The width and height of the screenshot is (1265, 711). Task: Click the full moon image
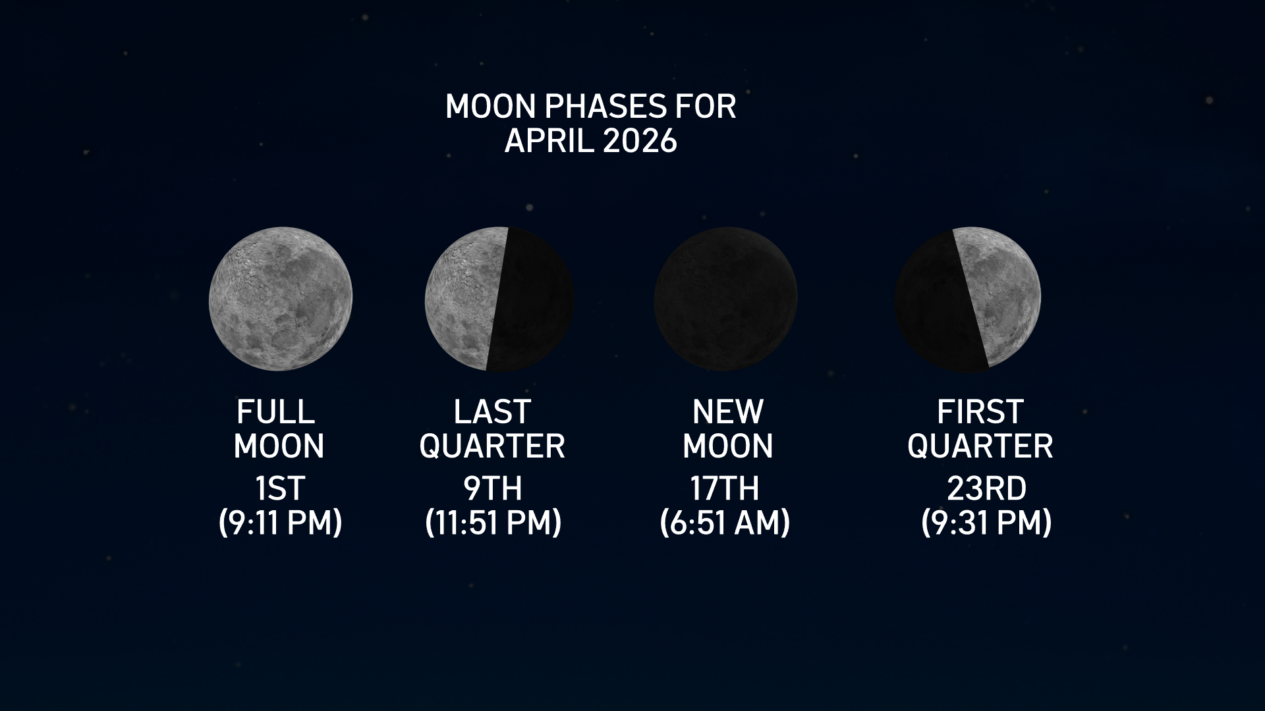click(281, 299)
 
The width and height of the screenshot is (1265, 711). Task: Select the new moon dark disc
click(725, 299)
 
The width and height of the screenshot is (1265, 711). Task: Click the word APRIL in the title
click(551, 140)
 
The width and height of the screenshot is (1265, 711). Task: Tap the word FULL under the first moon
click(275, 412)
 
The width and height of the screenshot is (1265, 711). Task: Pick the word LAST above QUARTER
click(492, 412)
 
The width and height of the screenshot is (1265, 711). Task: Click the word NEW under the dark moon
click(727, 412)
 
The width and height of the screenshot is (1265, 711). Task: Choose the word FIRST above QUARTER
click(980, 412)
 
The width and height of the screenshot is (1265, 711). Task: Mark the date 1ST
click(280, 488)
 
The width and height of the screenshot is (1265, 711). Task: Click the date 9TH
click(493, 488)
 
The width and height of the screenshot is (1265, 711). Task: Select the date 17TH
click(724, 488)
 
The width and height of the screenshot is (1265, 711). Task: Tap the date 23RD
click(986, 488)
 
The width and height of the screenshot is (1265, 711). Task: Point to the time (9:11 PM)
click(280, 523)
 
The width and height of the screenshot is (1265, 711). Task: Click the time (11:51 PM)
click(493, 523)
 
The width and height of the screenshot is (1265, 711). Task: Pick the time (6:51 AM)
click(724, 523)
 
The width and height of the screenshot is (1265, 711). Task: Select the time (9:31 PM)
click(986, 523)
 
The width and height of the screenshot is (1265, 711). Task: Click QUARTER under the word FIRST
click(980, 446)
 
